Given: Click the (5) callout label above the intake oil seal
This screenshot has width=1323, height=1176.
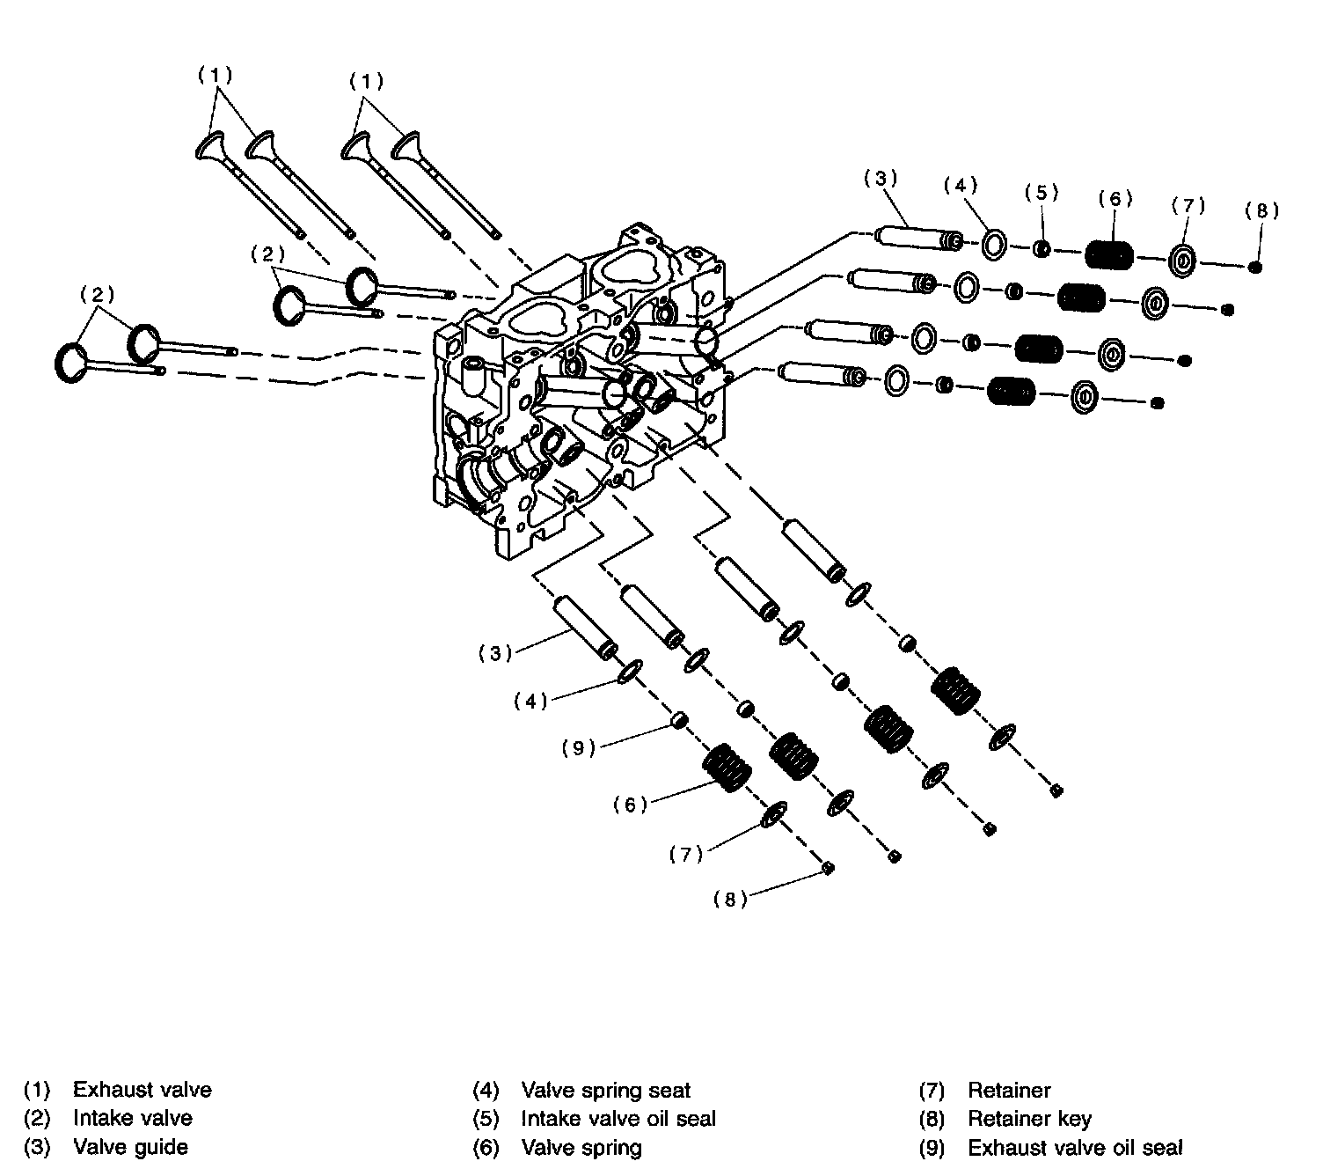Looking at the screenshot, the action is pyautogui.click(x=1041, y=193).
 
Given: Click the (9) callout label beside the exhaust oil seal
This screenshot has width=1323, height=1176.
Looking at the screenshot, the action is pyautogui.click(x=579, y=748).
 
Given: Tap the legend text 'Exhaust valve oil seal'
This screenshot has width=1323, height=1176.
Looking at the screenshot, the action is pyautogui.click(x=1075, y=1148).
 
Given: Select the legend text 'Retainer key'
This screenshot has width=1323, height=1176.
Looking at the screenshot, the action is pyautogui.click(x=1029, y=1119).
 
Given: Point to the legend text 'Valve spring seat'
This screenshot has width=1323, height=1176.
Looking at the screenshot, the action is pyautogui.click(x=605, y=1091).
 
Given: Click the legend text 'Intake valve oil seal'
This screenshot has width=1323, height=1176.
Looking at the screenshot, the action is pyautogui.click(x=618, y=1119).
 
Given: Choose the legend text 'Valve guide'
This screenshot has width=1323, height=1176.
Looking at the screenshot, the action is pyautogui.click(x=130, y=1148).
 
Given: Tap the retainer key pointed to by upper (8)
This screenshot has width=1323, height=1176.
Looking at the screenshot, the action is pyautogui.click(x=1254, y=267).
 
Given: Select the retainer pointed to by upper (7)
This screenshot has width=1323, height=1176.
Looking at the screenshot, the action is pyautogui.click(x=1182, y=261).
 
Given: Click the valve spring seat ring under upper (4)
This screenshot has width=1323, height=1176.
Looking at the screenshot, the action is pyautogui.click(x=994, y=246).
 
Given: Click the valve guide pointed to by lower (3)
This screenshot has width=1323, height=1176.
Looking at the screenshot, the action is pyautogui.click(x=585, y=628).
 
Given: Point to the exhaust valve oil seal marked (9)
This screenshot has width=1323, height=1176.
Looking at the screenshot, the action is pyautogui.click(x=680, y=720).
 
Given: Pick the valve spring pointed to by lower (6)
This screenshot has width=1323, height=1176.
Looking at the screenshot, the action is pyautogui.click(x=726, y=767).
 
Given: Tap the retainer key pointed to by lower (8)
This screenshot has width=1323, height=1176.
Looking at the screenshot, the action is pyautogui.click(x=828, y=868).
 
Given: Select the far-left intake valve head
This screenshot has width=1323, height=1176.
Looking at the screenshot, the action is pyautogui.click(x=71, y=364).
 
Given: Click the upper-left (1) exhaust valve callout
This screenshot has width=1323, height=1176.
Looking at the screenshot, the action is pyautogui.click(x=216, y=76).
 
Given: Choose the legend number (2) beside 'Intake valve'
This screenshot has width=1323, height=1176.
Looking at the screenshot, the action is pyautogui.click(x=37, y=1119).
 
